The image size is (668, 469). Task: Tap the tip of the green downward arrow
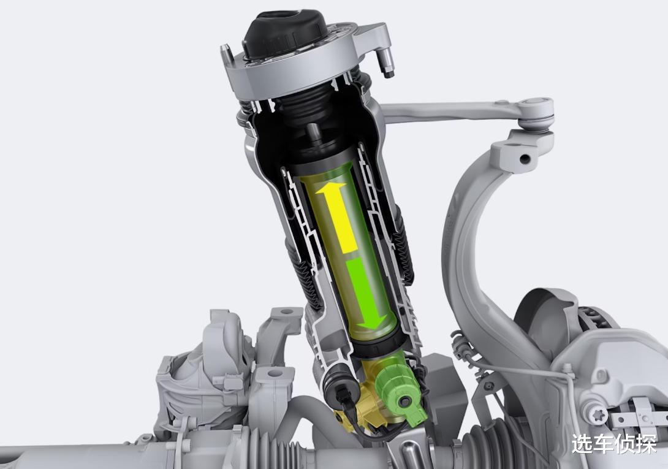pyautogui.click(x=374, y=329)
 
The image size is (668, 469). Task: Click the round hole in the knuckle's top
pyautogui.click(x=525, y=159)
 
